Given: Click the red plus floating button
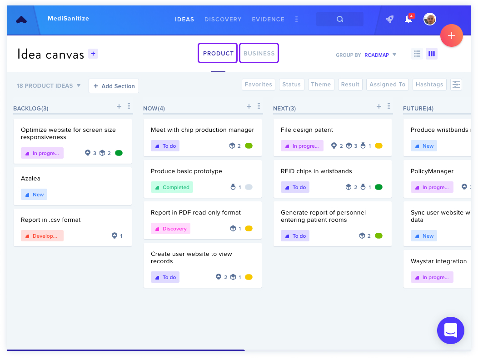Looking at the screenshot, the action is (452, 35).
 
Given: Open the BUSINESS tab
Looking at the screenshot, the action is (259, 53).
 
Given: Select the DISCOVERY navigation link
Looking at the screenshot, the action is (223, 19).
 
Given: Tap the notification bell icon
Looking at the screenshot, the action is (408, 19).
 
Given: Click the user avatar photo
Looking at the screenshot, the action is (429, 19).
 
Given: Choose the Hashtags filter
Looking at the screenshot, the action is (429, 85).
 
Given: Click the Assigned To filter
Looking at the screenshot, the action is (387, 85).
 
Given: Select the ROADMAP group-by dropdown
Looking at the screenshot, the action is (380, 55).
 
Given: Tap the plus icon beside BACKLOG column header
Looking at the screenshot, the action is (119, 106).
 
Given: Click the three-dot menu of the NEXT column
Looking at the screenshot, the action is (388, 106).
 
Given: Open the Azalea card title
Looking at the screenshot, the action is (30, 179).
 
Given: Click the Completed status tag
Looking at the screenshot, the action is (172, 187).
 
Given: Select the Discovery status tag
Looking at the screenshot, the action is (170, 229).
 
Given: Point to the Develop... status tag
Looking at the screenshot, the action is (42, 236).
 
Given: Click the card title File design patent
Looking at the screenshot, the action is (307, 130).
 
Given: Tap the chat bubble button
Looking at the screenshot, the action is (451, 330).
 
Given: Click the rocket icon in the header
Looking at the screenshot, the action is (389, 19).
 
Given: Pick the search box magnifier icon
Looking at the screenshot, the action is (340, 19).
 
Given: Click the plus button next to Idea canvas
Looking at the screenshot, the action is (93, 54).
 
